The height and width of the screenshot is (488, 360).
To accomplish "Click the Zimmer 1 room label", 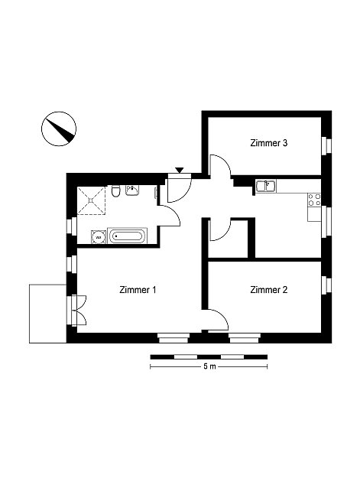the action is pyautogui.click(x=138, y=290).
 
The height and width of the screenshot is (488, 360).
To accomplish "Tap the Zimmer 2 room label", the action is pyautogui.click(x=268, y=290).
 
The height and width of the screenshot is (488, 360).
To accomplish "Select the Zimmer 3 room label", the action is pyautogui.click(x=268, y=143).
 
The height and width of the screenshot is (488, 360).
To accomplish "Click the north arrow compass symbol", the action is pyautogui.click(x=59, y=129).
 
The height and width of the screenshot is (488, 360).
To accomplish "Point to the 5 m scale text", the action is pyautogui.click(x=209, y=366).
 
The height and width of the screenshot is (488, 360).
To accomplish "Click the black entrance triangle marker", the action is pyautogui.click(x=180, y=170).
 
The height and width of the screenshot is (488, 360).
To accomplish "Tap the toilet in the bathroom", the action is pyautogui.click(x=115, y=190).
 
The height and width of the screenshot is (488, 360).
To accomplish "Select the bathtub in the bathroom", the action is pyautogui.click(x=127, y=236).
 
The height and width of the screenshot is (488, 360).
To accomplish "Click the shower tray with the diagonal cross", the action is pyautogui.click(x=91, y=200).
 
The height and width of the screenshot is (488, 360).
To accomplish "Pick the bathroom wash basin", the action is pyautogui.click(x=133, y=190).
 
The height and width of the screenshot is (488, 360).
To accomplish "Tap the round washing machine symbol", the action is pyautogui.click(x=99, y=237).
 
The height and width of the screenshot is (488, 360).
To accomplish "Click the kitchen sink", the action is pyautogui.click(x=266, y=186).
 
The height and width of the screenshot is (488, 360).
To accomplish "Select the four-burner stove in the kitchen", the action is pyautogui.click(x=314, y=200).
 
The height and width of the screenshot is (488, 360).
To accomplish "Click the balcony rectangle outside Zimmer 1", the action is pyautogui.click(x=48, y=314).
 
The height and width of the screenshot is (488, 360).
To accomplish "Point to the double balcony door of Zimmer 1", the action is pyautogui.click(x=78, y=310).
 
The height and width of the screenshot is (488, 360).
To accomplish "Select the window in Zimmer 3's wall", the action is pyautogui.click(x=326, y=145).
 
